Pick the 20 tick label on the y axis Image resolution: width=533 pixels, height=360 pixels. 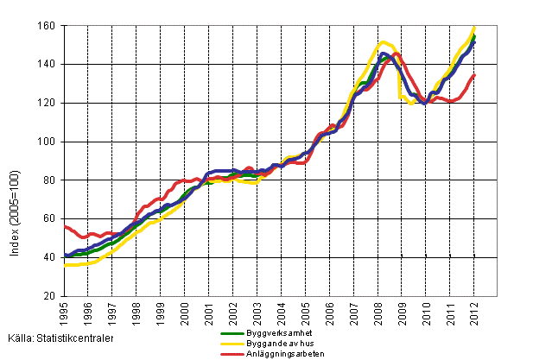51,296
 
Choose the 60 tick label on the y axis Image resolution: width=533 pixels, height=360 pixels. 51,219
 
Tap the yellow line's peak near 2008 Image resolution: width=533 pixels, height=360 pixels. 384,41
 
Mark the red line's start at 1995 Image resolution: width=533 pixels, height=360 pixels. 65,226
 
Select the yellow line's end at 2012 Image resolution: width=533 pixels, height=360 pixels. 474,27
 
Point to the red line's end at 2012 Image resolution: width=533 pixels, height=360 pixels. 474,75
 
